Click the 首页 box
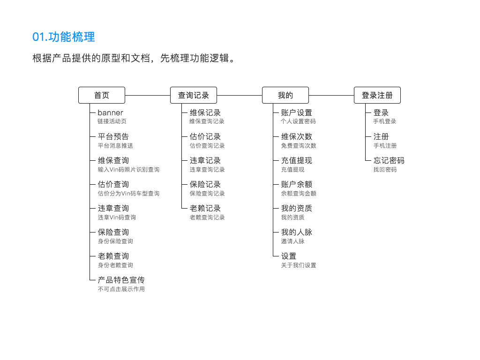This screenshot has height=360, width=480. (102, 95)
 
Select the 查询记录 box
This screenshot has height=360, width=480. (194, 95)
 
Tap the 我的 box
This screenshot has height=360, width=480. (285, 95)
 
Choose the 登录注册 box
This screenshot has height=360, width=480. (377, 95)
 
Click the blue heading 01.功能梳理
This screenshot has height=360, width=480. (64, 37)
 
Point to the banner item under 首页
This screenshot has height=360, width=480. (110, 112)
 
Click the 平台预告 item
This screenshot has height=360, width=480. (113, 136)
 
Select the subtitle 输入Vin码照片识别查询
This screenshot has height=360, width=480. (128, 170)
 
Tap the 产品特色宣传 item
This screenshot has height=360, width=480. (121, 280)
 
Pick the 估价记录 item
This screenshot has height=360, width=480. (205, 136)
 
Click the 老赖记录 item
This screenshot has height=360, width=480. (205, 208)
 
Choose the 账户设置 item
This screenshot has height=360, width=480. (297, 112)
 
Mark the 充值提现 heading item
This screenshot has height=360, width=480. (297, 160)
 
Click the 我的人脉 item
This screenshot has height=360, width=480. (297, 232)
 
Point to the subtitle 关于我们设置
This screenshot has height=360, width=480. (299, 265)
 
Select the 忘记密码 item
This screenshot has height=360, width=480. (389, 160)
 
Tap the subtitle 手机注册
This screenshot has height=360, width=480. (385, 146)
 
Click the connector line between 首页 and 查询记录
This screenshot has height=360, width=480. (148, 95)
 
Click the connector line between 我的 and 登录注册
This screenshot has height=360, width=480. (331, 95)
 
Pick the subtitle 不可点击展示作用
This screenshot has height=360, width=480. (121, 289)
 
